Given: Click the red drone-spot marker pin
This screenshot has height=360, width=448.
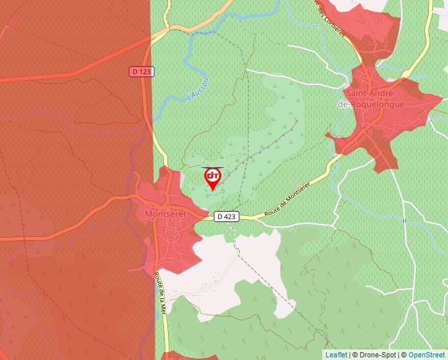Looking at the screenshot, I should coord(213,178).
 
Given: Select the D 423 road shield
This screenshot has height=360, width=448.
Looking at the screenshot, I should coord(226,216).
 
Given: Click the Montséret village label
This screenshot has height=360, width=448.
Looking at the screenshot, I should coord(165,215).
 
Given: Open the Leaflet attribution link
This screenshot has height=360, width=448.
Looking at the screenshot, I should coord(336,355).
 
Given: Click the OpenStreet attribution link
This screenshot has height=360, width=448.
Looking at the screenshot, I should coord(427,355).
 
